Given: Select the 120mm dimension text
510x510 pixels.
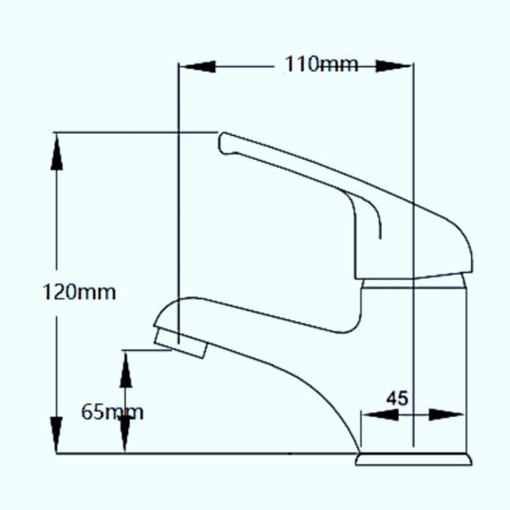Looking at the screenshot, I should tap(79, 292).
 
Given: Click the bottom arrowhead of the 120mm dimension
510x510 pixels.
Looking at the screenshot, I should tap(57, 434).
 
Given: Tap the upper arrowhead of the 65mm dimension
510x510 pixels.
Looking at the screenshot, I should tap(125, 368).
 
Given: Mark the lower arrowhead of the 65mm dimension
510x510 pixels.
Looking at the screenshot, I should tap(125, 435).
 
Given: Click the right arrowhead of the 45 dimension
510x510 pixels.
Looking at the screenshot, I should tap(445, 415).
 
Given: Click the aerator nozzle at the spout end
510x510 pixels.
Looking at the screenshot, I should tap(179, 341).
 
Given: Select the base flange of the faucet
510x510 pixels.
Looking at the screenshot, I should tap(412, 460).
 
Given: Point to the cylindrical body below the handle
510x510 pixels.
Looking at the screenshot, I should tap(414, 365).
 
